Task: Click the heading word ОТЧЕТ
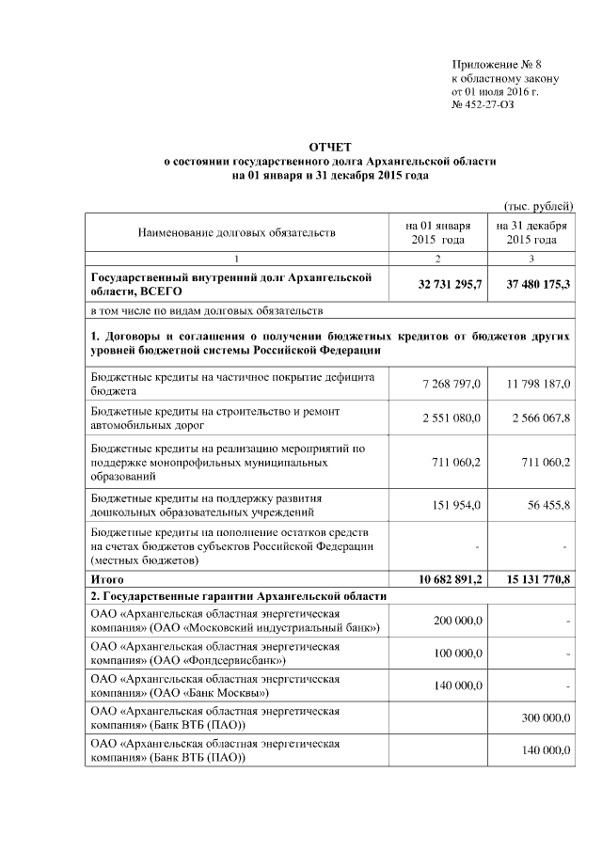coord(329,147)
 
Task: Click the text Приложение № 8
coord(497,62)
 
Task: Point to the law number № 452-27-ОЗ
coord(483,103)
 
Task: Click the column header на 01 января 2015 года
coord(439,232)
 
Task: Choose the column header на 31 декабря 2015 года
coord(532,232)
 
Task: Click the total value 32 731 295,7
coord(450,283)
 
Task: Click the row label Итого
coord(107,578)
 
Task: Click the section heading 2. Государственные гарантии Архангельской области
coord(238,597)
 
